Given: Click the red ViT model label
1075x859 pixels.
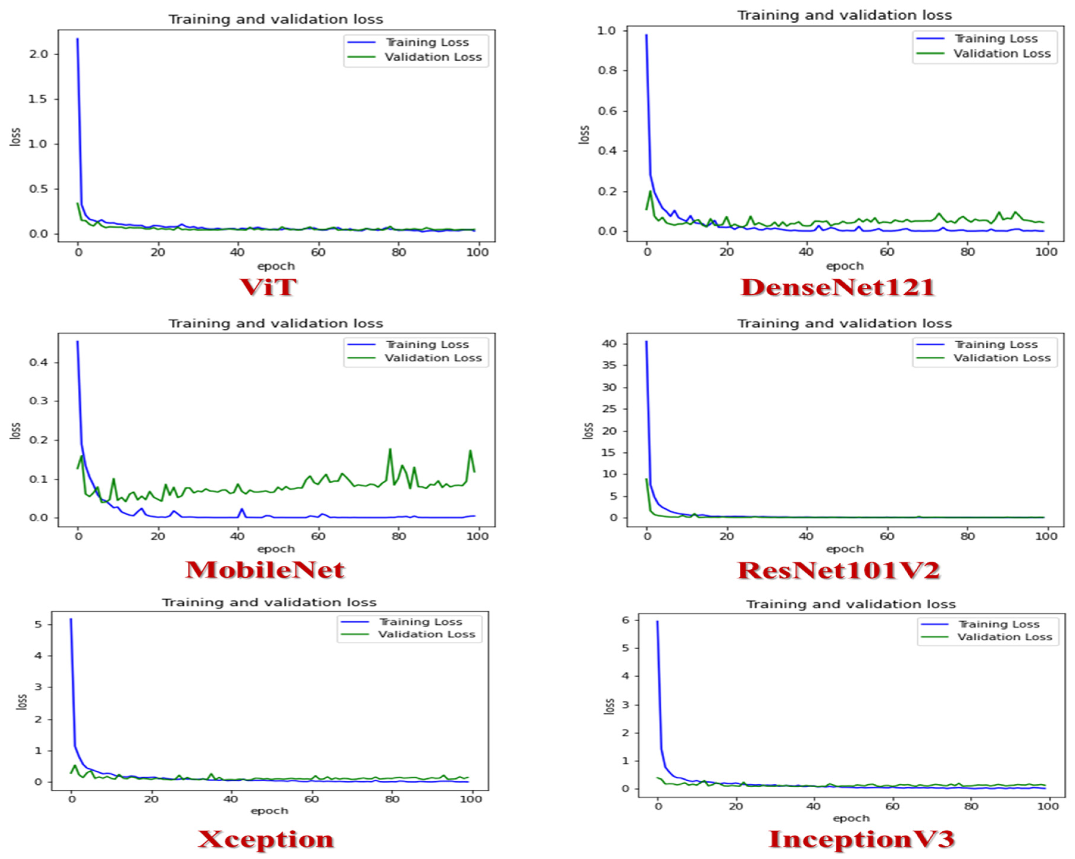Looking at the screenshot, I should tap(268, 288).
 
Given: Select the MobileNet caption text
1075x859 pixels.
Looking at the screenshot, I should tap(265, 570).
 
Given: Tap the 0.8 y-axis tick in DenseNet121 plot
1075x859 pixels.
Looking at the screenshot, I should tap(607, 70).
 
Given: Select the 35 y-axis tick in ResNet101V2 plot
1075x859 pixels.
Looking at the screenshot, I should tap(609, 365).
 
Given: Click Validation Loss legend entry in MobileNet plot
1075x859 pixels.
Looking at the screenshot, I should tap(432, 358).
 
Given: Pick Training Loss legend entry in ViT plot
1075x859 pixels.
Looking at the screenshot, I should tap(427, 42).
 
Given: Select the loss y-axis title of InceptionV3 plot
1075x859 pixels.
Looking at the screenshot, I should tap(609, 706).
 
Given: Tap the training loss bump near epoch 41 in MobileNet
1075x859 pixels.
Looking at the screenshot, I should tap(242, 509).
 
